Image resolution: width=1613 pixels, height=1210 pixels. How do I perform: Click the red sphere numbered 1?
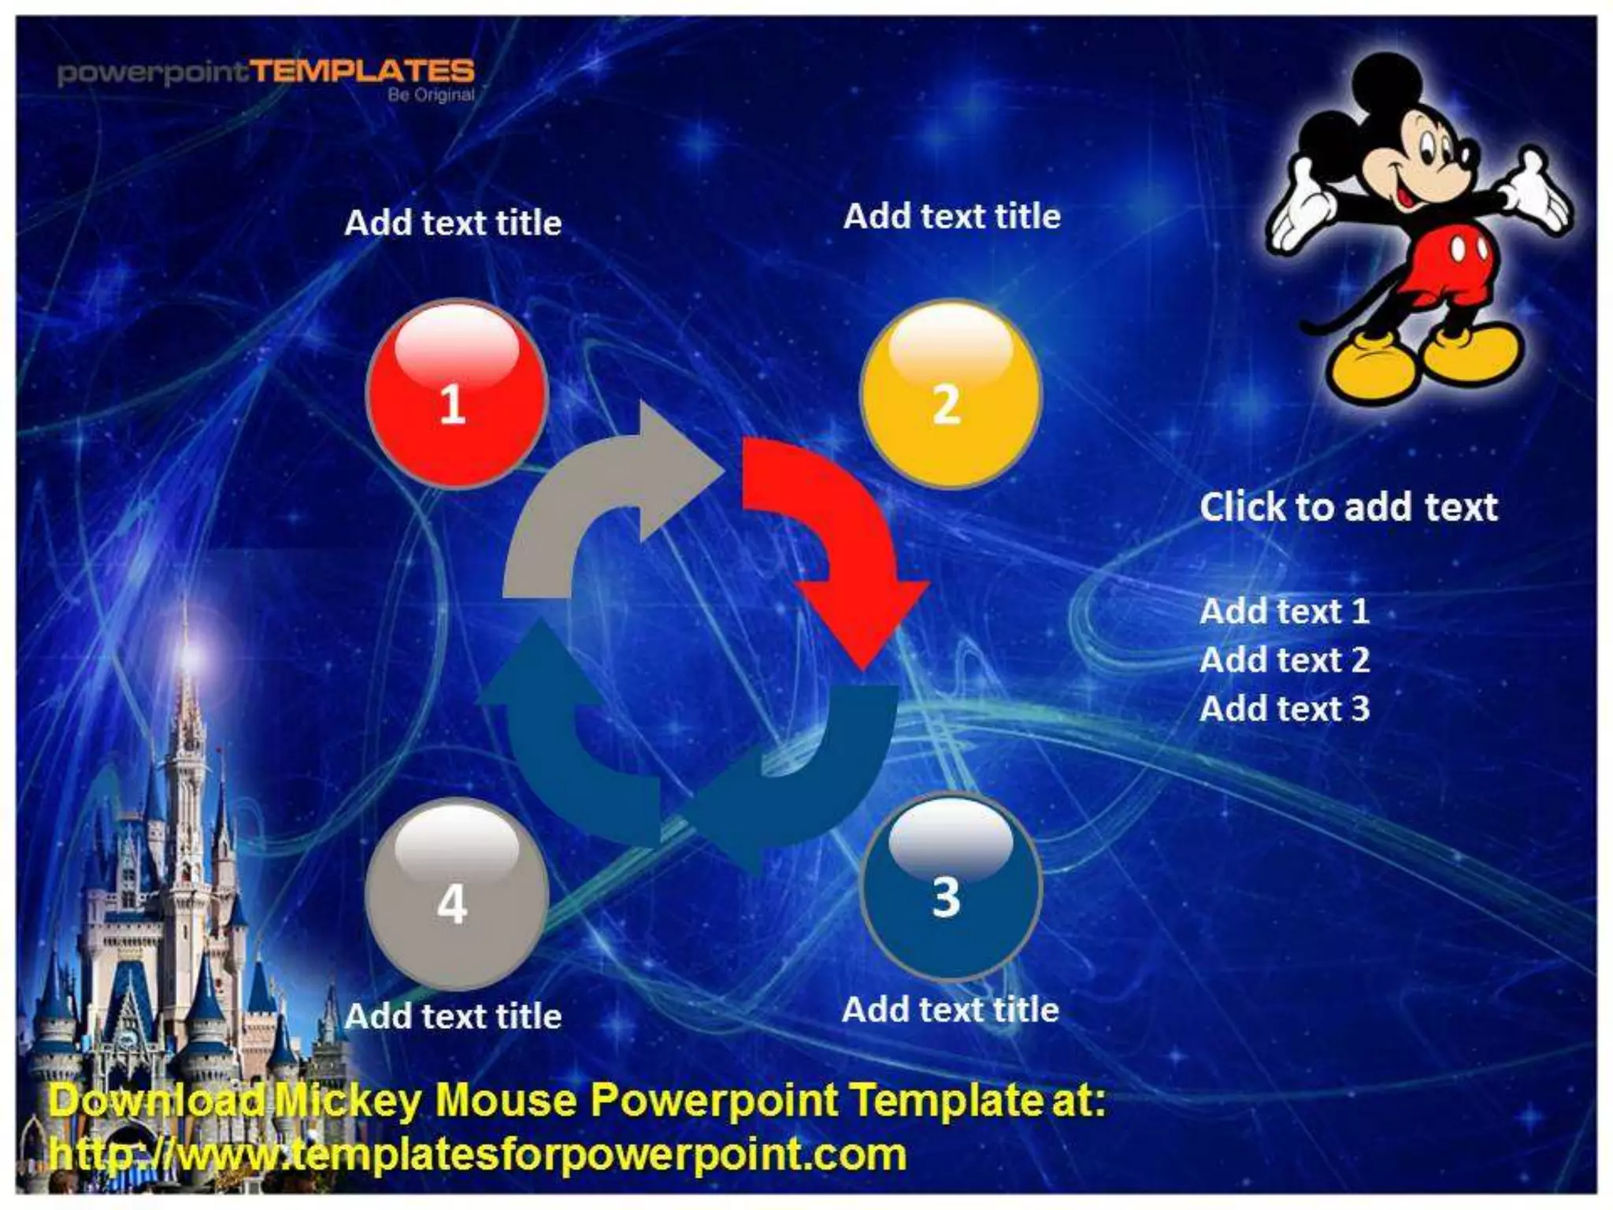[456, 394]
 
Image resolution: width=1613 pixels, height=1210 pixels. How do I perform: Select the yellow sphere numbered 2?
[950, 394]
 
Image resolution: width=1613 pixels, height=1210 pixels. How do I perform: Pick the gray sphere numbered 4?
[456, 895]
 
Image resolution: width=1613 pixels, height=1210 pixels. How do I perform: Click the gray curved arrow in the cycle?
[599, 504]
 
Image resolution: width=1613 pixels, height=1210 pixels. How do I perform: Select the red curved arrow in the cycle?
[843, 536]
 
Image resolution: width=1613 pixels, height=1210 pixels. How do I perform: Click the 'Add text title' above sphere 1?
[453, 223]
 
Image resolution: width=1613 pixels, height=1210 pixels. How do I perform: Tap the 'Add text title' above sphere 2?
[951, 217]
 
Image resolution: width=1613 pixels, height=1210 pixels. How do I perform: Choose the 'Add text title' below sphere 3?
[950, 1010]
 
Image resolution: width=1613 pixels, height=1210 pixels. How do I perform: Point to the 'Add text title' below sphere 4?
[453, 1016]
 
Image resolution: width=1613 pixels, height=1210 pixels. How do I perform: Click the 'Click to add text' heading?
[1348, 507]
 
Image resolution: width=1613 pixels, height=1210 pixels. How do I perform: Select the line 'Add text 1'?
[1284, 611]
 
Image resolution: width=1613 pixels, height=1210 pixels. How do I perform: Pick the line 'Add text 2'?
[1284, 660]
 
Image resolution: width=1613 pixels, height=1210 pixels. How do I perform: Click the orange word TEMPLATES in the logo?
[363, 72]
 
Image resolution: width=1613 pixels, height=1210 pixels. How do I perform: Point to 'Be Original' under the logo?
[431, 95]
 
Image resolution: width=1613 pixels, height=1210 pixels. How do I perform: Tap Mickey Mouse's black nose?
[1467, 154]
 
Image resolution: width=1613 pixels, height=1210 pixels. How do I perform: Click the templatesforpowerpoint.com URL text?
[476, 1155]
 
